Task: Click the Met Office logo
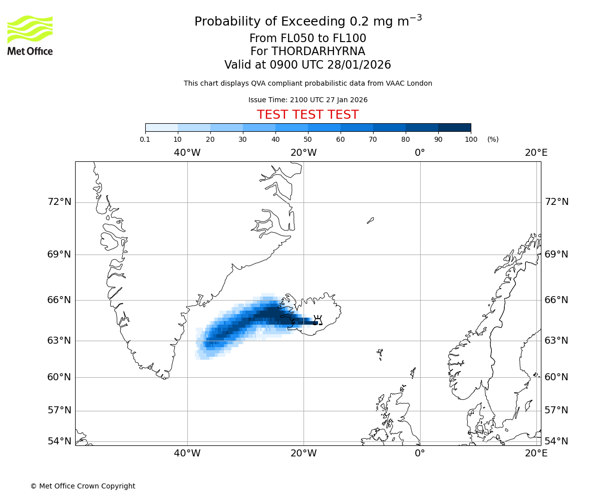[30, 35]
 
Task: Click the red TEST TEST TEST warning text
[308, 115]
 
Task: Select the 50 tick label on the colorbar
[308, 139]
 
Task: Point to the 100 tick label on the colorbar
[471, 139]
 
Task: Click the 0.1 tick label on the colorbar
[145, 139]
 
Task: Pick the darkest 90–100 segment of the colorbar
[454, 127]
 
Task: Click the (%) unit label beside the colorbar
[493, 139]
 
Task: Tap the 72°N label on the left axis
[59, 202]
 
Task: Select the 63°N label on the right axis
[556, 341]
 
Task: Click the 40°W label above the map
[187, 152]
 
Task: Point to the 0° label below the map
[420, 453]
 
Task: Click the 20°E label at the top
[536, 152]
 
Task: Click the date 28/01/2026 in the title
[359, 65]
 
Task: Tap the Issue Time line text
[308, 100]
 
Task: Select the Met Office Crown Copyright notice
[83, 486]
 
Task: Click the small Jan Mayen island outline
[370, 220]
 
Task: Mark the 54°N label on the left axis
[59, 441]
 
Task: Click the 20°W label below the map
[304, 453]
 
